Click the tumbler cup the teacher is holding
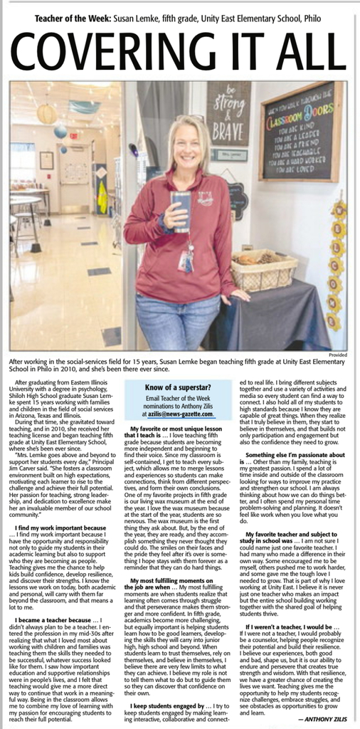181,206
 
